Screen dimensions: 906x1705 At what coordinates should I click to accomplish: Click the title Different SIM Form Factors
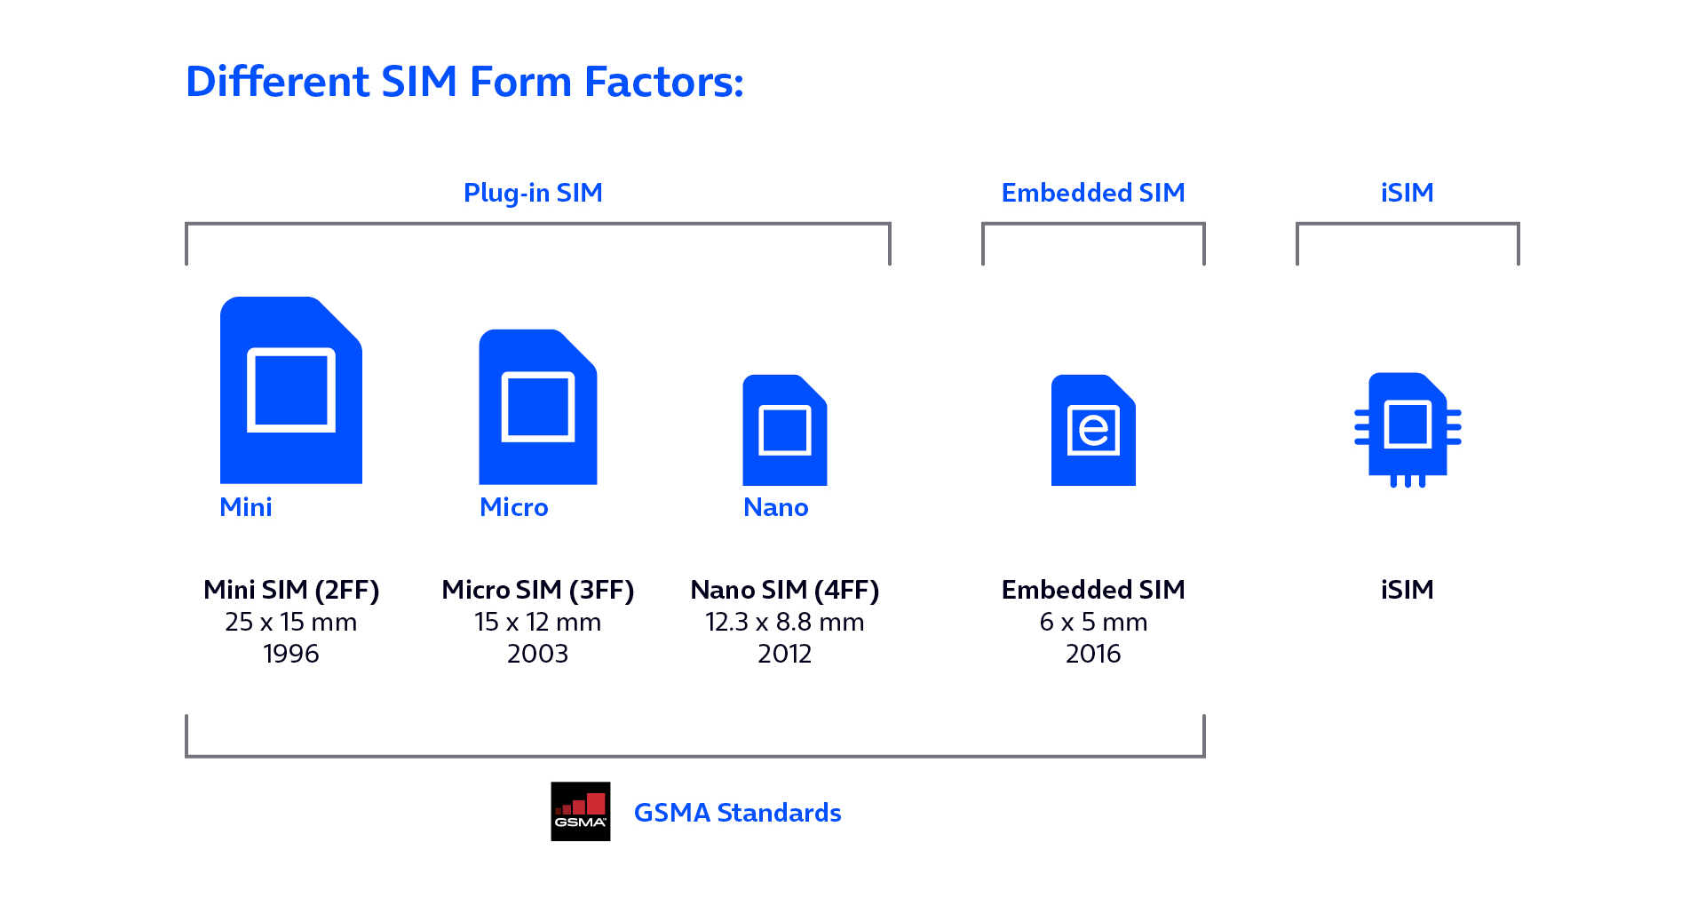(x=464, y=82)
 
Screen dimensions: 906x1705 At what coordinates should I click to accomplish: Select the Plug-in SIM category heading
(x=533, y=193)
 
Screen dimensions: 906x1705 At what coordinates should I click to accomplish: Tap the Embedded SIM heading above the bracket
(x=1092, y=193)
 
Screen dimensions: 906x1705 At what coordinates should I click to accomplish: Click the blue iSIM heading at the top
(x=1407, y=193)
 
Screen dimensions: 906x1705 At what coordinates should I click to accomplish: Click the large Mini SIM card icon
(x=290, y=391)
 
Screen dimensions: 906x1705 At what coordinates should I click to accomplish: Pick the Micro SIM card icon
(x=537, y=408)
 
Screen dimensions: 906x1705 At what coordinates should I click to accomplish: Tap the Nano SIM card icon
(x=784, y=431)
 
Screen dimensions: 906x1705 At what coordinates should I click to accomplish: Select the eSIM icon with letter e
(x=1093, y=431)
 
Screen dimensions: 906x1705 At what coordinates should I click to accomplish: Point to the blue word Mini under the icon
(x=246, y=507)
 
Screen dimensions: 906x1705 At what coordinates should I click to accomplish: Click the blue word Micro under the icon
(x=513, y=507)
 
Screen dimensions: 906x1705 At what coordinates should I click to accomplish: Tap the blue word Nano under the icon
(x=775, y=507)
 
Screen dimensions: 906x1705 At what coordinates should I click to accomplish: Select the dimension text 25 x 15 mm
(x=290, y=622)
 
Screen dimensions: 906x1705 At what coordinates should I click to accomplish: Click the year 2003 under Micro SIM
(x=537, y=654)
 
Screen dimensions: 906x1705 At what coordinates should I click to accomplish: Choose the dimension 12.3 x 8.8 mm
(x=784, y=622)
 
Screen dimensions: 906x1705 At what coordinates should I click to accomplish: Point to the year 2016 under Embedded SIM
(x=1092, y=654)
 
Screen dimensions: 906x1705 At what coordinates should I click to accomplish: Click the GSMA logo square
(x=580, y=811)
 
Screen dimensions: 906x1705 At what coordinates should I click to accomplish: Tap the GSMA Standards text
(x=737, y=813)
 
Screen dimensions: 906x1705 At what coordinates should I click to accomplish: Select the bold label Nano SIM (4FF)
(x=784, y=590)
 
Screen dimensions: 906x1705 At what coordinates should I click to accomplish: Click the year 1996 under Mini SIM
(x=290, y=654)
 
